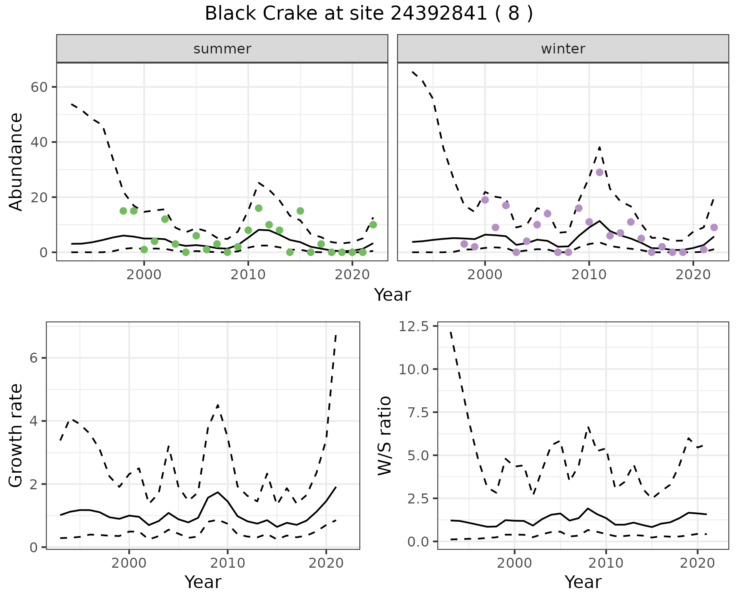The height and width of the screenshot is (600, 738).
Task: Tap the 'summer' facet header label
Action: tap(222, 49)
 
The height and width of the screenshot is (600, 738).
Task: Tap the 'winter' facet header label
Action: tap(563, 49)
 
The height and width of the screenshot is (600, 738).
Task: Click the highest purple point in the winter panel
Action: tap(600, 172)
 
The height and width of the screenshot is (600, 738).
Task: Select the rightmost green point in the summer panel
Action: tap(373, 225)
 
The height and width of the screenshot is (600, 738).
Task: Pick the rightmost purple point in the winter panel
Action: tap(714, 227)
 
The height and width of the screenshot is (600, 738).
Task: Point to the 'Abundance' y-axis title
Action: tap(16, 162)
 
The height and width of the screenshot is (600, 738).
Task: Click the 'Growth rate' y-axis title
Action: tap(16, 435)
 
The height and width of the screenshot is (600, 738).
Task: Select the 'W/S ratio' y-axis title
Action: tap(384, 435)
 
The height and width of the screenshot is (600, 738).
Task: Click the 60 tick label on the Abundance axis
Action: tap(38, 87)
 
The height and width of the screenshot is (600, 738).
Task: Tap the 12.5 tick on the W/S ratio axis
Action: tap(414, 327)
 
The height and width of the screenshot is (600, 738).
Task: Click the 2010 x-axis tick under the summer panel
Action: tap(248, 275)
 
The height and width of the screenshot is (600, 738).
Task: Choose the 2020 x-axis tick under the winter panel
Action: tap(693, 275)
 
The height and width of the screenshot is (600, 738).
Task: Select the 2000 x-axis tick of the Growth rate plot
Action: tap(129, 563)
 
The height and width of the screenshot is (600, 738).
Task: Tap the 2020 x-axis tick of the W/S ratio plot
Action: tap(697, 563)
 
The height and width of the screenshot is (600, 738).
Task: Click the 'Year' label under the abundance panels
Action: tap(392, 295)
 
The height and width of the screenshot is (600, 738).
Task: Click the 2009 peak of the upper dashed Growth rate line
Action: tap(218, 405)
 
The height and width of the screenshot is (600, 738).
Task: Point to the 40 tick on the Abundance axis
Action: tap(38, 142)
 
